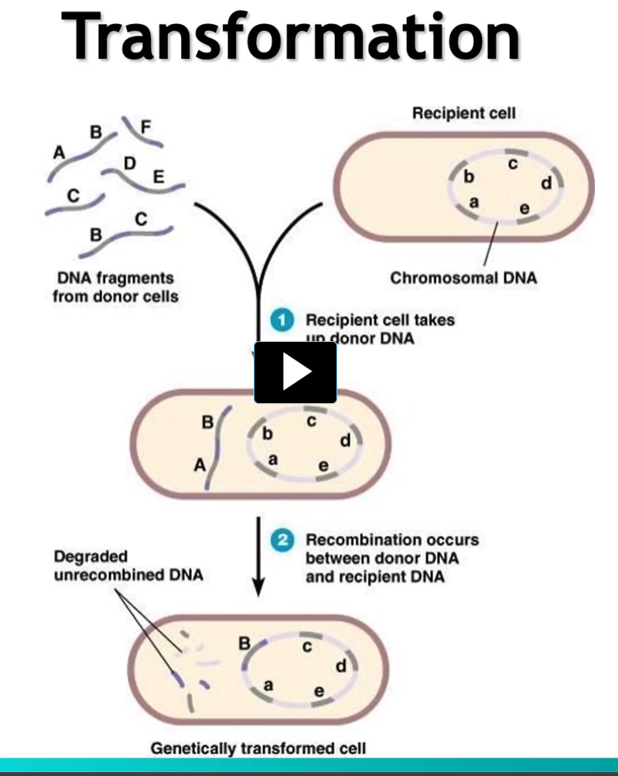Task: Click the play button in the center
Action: [x=295, y=373]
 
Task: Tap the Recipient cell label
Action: [x=463, y=114]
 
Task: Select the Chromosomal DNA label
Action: [x=463, y=277]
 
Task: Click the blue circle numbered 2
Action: [x=283, y=540]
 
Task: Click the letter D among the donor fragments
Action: [x=129, y=163]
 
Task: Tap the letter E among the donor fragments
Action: [x=159, y=177]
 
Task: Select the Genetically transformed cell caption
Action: [x=258, y=748]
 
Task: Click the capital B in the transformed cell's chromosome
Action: [x=244, y=642]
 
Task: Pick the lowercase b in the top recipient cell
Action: [x=468, y=177]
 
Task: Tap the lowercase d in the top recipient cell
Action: [x=546, y=183]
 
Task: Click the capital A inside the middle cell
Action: [x=200, y=465]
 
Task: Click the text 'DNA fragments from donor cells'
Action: [x=115, y=286]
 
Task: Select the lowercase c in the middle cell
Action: [x=311, y=421]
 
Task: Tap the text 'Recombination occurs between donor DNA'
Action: [x=392, y=549]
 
